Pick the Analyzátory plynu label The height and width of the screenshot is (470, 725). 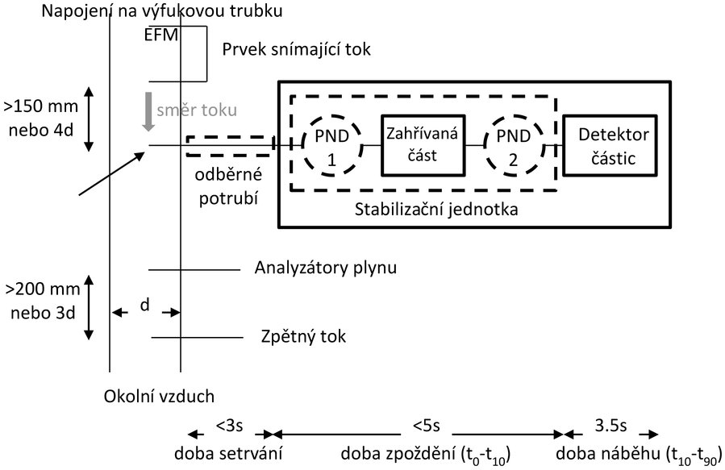(x=327, y=268)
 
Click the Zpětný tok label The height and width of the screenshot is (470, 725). (x=304, y=335)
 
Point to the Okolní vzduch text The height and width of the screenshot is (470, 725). (x=159, y=397)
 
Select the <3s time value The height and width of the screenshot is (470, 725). (x=227, y=422)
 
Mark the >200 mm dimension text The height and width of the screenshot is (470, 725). (x=39, y=289)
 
